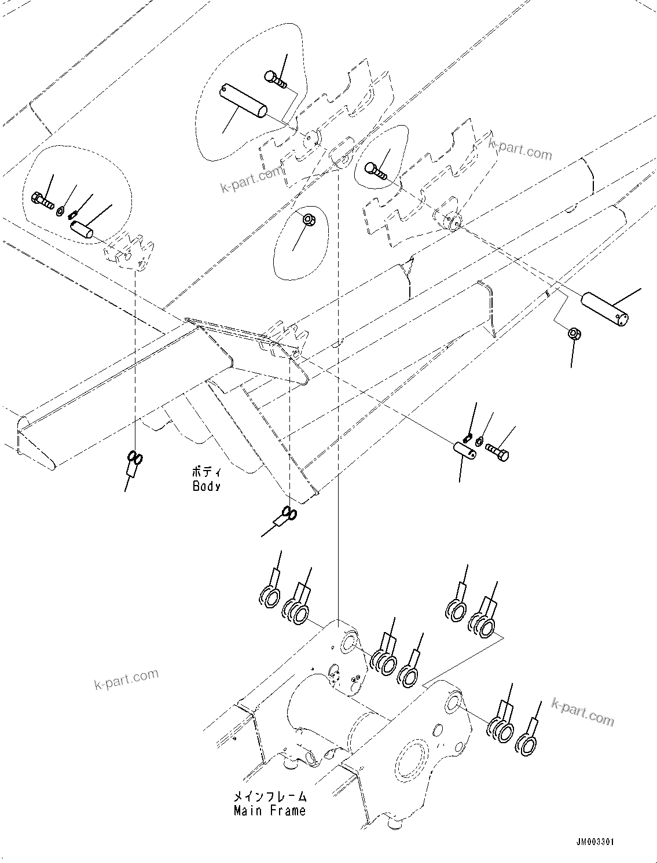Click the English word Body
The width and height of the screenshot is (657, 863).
pos(207,486)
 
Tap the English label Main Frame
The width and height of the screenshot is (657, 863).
pos(270,810)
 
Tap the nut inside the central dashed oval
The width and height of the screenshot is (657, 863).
pos(309,220)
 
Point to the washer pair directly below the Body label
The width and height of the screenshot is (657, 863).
pos(288,513)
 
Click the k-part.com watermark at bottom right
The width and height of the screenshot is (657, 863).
pos(583,711)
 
